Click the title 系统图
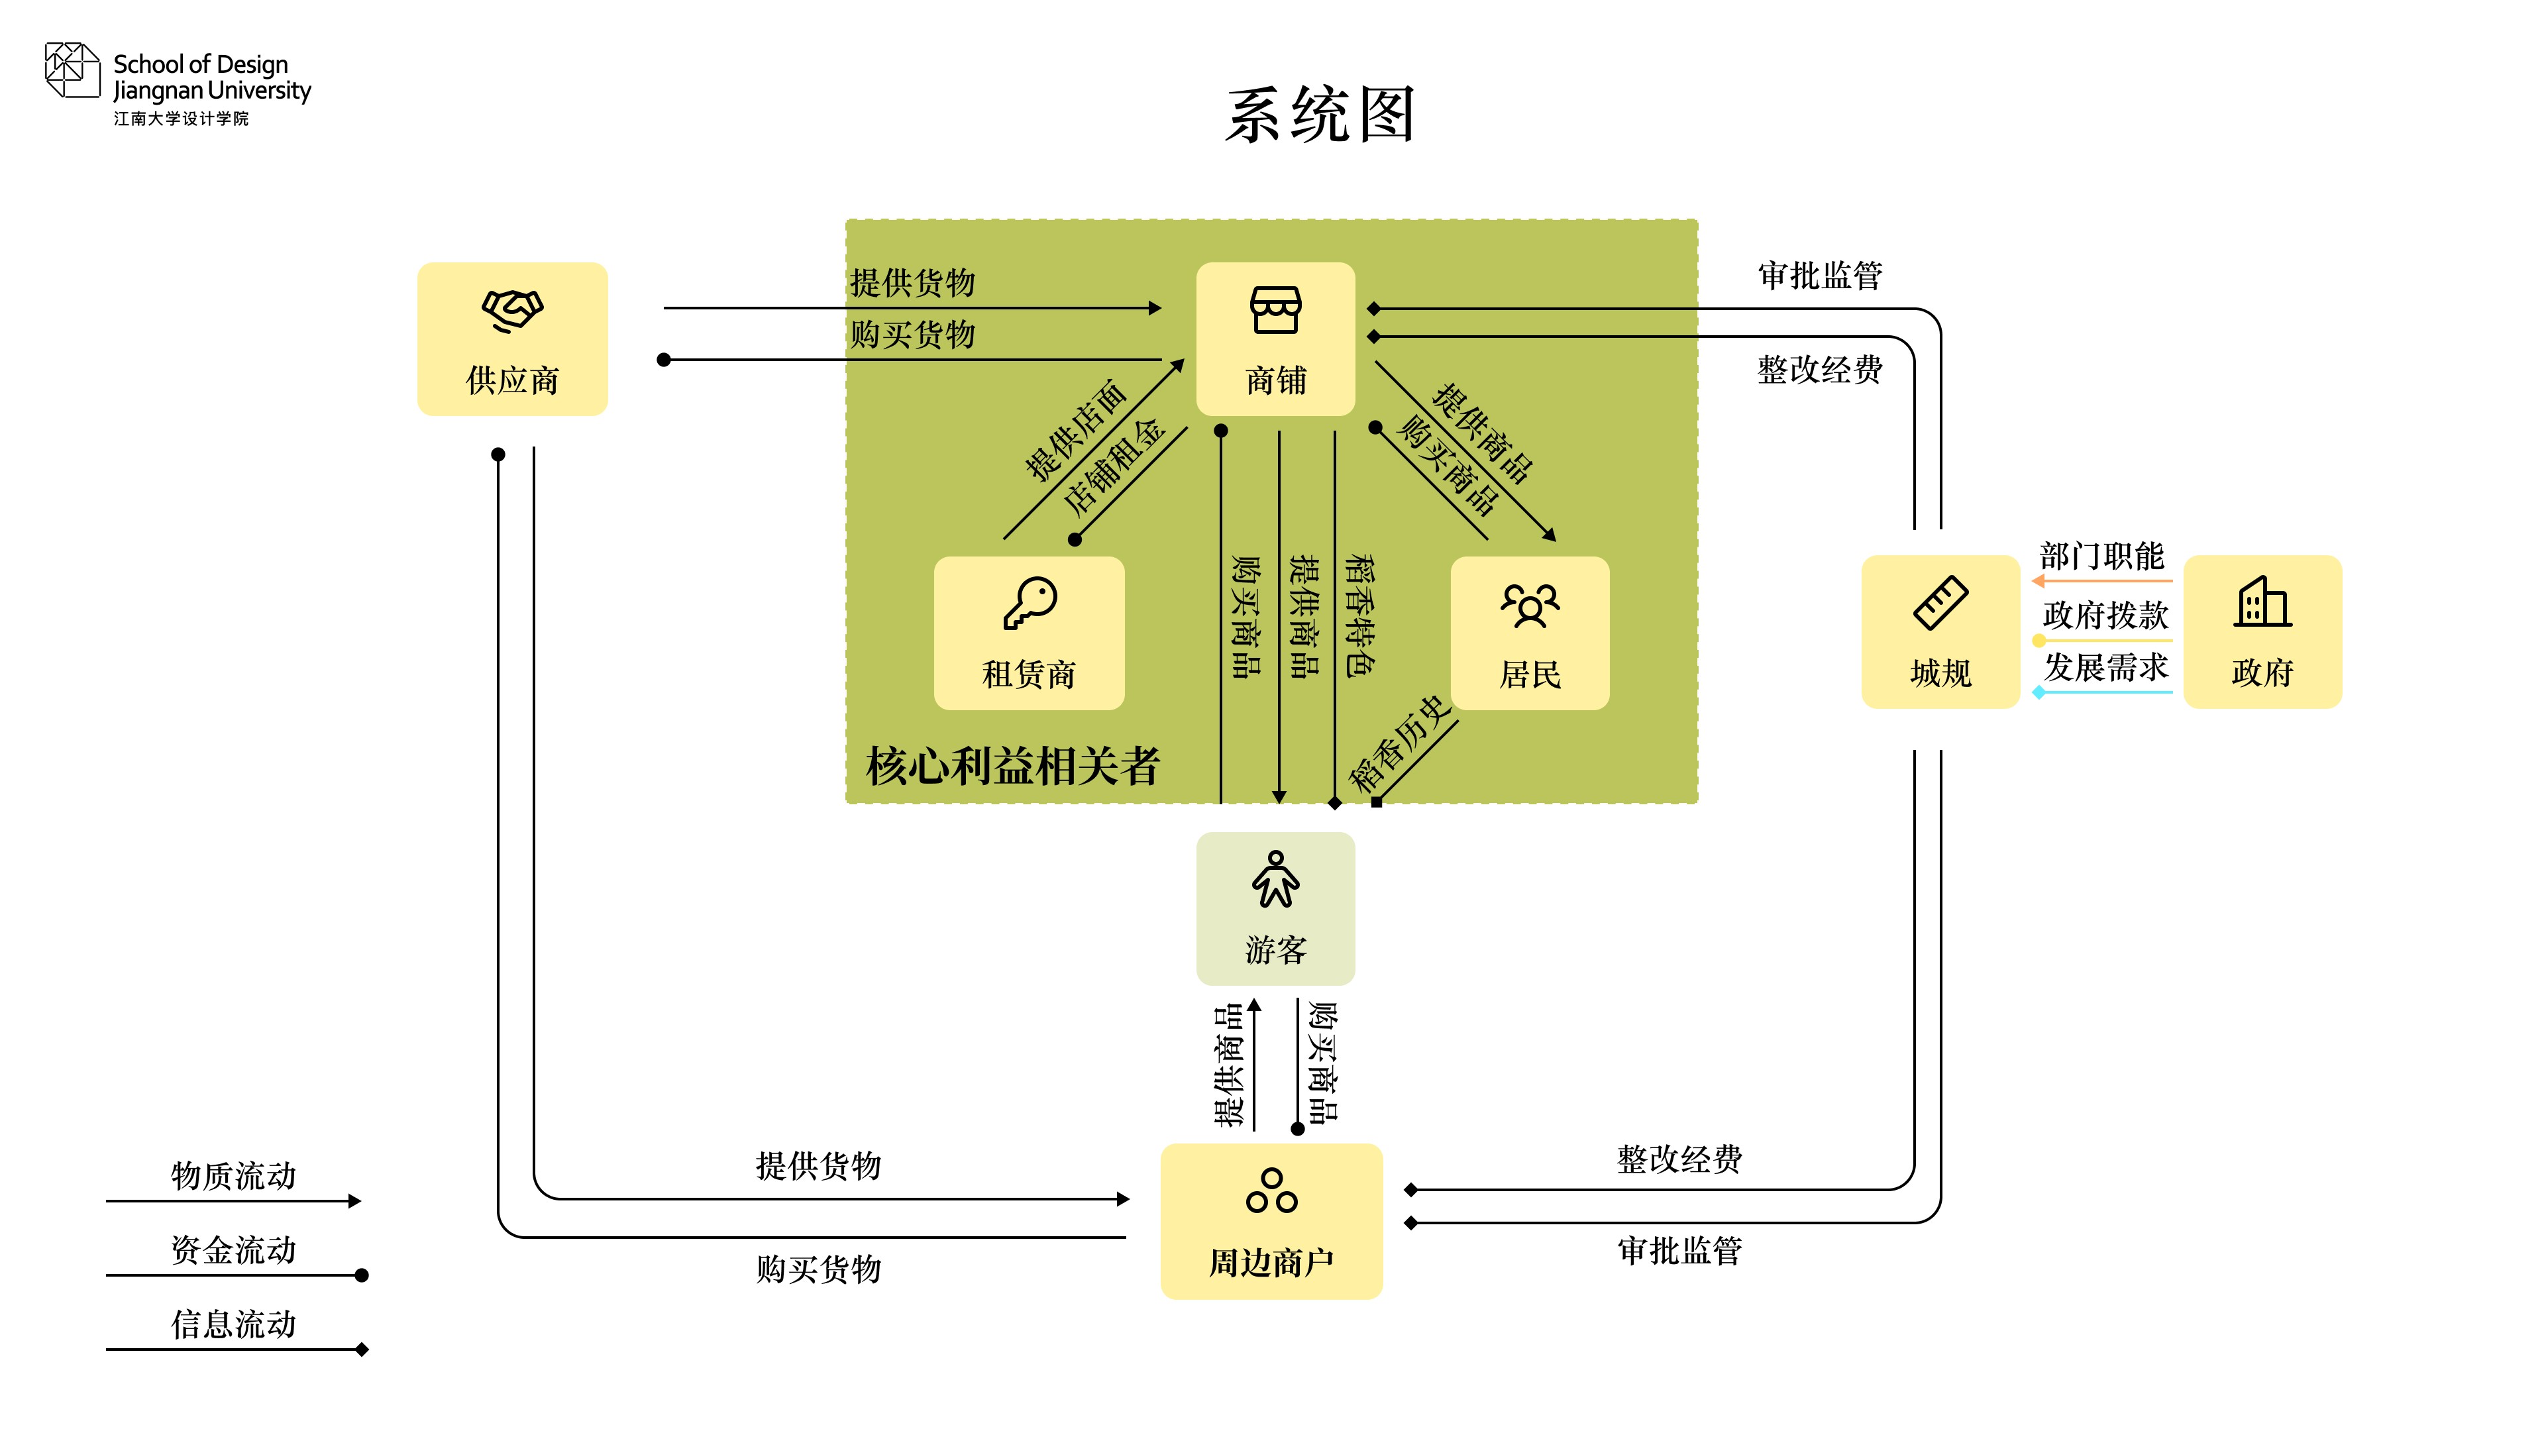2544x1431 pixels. (1320, 115)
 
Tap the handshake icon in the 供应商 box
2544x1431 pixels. (513, 310)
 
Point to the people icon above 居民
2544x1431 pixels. (1530, 604)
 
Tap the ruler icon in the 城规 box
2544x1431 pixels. (1940, 602)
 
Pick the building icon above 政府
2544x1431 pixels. (2262, 602)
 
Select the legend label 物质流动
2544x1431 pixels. (234, 1175)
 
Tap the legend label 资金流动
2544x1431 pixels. (234, 1249)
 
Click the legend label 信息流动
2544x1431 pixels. (234, 1324)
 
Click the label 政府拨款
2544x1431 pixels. (2105, 614)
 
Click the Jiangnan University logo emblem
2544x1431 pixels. (72, 70)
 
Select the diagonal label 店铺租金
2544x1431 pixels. (1114, 466)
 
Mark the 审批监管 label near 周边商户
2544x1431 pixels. (1680, 1250)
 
